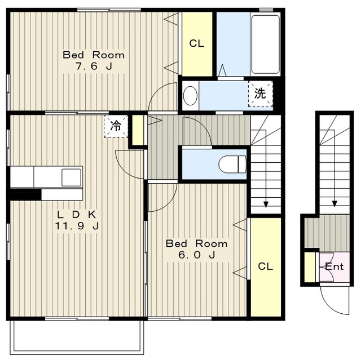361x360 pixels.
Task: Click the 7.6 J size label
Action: tap(94, 66)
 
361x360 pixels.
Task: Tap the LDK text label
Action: tap(77, 215)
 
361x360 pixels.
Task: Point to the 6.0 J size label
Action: tap(197, 255)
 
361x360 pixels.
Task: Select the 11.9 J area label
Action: tap(77, 226)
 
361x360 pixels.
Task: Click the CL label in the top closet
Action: tap(197, 43)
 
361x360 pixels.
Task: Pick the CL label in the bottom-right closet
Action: tap(266, 266)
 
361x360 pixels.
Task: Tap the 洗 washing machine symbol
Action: tap(261, 94)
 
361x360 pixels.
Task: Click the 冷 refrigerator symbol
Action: tap(116, 126)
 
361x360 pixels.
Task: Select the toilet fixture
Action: tap(232, 165)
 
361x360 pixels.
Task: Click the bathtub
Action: tap(265, 45)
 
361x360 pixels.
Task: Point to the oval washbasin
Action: tap(191, 96)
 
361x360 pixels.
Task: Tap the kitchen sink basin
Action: tap(72, 177)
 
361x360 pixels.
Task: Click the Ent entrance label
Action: tap(334, 266)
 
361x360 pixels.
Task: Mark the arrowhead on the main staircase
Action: tap(266, 204)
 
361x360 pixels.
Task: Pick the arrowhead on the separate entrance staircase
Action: tap(334, 203)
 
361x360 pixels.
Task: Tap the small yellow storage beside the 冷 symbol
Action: tap(138, 130)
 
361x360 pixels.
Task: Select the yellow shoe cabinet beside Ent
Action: tap(310, 267)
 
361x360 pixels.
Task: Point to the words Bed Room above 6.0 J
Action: tap(197, 243)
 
